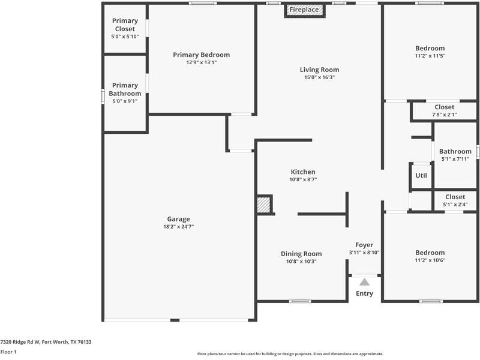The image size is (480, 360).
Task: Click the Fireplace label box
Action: tap(304, 10)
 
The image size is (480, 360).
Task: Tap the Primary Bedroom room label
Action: tap(201, 55)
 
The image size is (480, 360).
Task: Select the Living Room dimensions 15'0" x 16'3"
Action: tap(319, 77)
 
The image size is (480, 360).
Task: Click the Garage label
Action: tap(179, 219)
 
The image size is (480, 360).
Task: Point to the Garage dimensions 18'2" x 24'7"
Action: tap(179, 227)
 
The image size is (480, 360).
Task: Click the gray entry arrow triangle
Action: tap(364, 281)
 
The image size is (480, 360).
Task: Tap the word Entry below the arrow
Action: tap(364, 293)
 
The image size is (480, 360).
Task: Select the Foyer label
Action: tap(364, 245)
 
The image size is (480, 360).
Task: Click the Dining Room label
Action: tap(301, 254)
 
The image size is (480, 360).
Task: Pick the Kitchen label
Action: tap(302, 172)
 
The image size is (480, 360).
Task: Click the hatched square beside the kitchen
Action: tap(264, 204)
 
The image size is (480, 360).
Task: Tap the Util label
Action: tap(421, 175)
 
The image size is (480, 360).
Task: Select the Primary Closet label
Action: tap(125, 25)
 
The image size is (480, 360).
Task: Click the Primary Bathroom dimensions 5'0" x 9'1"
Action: tap(125, 101)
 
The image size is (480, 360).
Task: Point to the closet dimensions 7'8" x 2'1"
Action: tap(445, 115)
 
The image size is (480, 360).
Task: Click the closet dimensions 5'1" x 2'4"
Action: tap(455, 204)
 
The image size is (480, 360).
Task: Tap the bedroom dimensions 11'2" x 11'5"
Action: tap(430, 56)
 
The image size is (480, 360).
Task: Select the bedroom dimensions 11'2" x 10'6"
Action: tap(430, 260)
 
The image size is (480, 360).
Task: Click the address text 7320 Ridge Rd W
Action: tap(24, 341)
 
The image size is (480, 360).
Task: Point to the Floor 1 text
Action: tap(8, 352)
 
